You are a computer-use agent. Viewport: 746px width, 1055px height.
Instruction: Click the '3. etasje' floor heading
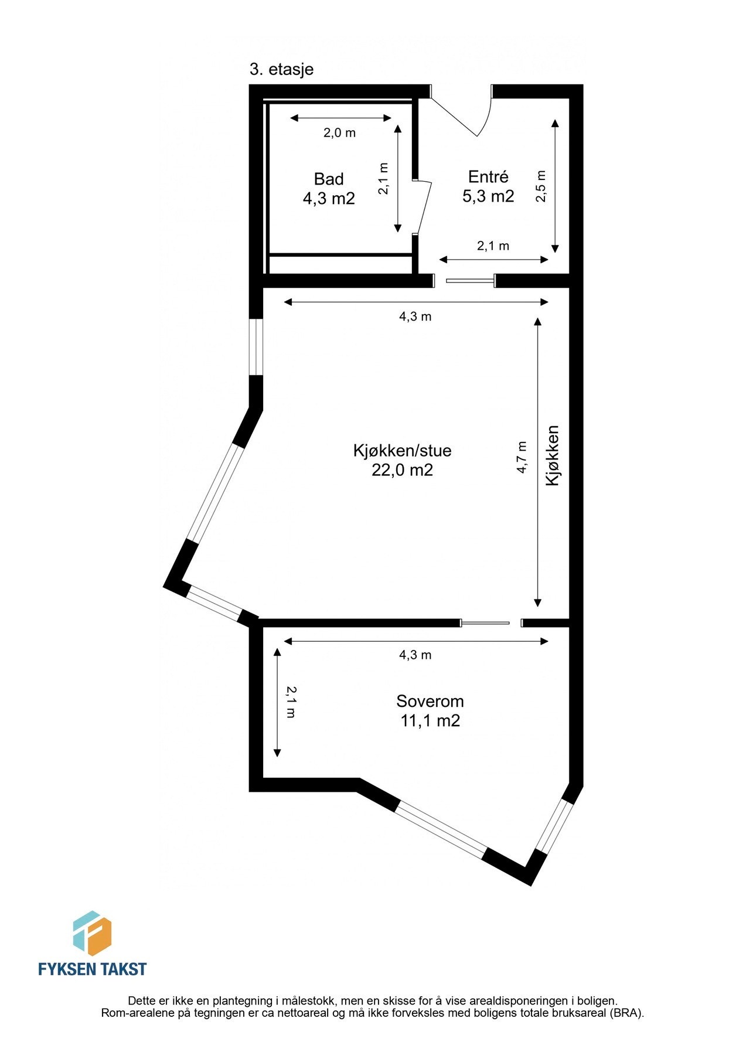(x=281, y=69)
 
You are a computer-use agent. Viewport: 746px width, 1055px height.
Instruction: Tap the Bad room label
(x=329, y=179)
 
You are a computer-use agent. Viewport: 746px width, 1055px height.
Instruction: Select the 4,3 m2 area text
(x=329, y=198)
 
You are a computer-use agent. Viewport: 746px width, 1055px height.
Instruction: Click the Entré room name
(x=488, y=176)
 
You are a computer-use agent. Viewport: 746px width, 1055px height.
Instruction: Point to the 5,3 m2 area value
(x=488, y=196)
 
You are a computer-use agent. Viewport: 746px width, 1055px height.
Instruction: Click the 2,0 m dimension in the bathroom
(x=339, y=133)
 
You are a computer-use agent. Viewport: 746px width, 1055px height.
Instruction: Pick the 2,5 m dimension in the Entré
(x=541, y=186)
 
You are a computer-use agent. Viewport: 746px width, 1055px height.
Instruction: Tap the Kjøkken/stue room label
(x=402, y=450)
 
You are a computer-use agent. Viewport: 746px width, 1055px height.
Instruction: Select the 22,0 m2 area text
(x=402, y=469)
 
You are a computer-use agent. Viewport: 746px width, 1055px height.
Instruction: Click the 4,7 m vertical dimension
(x=522, y=457)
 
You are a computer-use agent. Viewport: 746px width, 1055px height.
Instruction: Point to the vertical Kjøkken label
(x=553, y=455)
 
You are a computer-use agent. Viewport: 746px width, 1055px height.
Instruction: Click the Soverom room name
(x=430, y=701)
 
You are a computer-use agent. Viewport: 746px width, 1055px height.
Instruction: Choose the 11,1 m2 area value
(x=430, y=720)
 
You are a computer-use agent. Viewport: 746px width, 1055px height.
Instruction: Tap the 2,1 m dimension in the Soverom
(x=291, y=702)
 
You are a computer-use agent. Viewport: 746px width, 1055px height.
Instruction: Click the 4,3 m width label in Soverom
(x=415, y=655)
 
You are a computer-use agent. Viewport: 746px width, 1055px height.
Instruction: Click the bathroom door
(x=424, y=206)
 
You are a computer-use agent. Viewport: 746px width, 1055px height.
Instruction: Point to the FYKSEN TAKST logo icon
(x=92, y=933)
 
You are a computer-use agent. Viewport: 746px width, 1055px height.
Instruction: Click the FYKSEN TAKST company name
(x=92, y=969)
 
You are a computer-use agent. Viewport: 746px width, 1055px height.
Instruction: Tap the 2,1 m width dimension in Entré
(x=493, y=246)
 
